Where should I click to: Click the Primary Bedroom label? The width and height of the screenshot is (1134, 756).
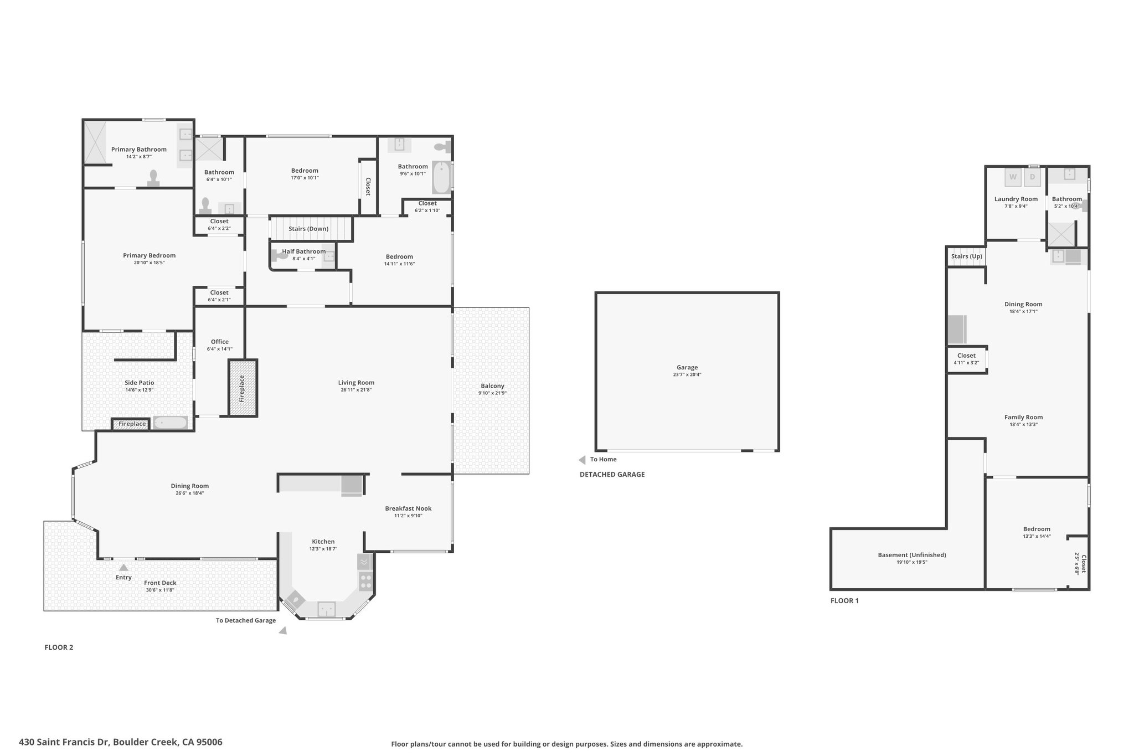tap(149, 255)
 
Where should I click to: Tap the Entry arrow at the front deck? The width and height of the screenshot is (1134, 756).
tap(124, 567)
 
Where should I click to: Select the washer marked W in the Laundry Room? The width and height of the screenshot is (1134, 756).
tap(1013, 177)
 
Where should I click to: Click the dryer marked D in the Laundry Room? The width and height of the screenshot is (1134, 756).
tap(1032, 177)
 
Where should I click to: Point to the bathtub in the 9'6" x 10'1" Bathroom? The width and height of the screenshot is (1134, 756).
tap(442, 177)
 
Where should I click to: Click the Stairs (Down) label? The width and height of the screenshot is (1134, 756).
tap(308, 229)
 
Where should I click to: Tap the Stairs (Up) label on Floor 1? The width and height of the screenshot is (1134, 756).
tap(967, 256)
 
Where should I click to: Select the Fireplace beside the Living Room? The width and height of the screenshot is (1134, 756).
tap(243, 388)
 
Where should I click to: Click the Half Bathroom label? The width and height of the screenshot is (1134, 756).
tap(304, 251)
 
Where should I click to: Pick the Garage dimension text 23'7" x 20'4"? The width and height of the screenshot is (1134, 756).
tap(687, 374)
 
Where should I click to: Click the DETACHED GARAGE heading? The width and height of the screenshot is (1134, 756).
tap(612, 475)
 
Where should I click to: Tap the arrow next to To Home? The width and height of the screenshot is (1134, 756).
tap(582, 460)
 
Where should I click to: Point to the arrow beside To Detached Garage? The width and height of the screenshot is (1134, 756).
tap(283, 630)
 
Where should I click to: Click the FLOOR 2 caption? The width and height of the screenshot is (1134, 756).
tap(59, 647)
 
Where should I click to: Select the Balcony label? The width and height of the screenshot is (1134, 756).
tap(492, 386)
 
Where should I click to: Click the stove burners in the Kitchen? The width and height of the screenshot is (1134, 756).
tap(365, 581)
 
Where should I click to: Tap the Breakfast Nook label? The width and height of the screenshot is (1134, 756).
tap(408, 508)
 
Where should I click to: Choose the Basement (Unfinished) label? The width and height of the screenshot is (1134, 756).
tap(912, 555)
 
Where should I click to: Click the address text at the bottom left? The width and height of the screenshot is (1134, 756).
tap(121, 742)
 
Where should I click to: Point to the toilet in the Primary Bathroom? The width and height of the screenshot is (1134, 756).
tap(153, 178)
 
